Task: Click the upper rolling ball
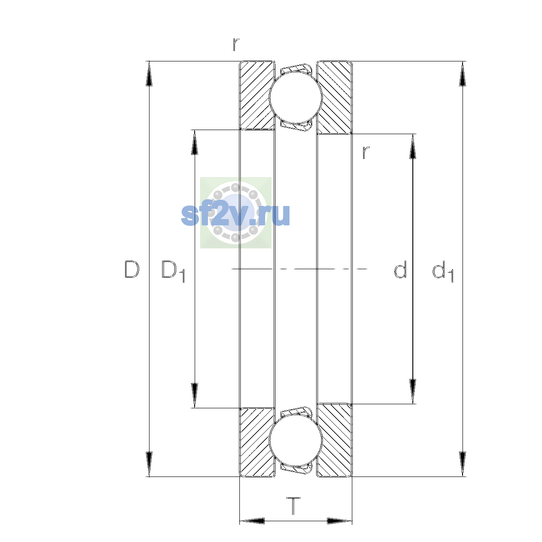coord(295,97)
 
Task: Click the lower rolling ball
coord(295,440)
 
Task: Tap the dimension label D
coord(131,269)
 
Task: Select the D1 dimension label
coord(173,271)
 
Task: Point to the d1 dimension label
coord(443,271)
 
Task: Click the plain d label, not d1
coord(400,269)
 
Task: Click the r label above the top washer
coord(236,44)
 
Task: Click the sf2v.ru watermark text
coord(235,215)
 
